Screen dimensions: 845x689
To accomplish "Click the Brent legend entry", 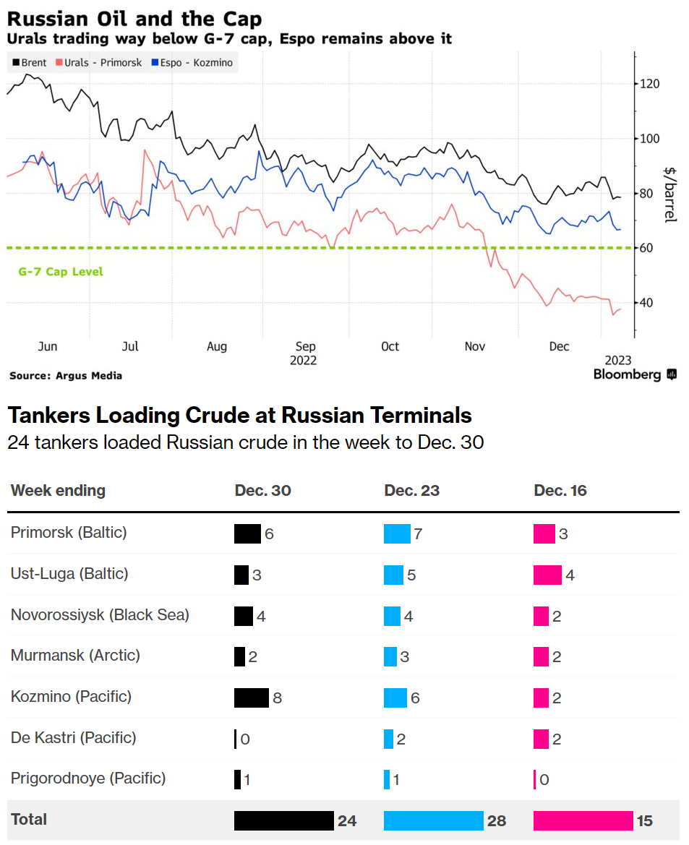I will [30, 63].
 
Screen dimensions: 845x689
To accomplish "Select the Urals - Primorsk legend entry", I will [97, 63].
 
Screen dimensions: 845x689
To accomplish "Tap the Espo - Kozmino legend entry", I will [192, 63].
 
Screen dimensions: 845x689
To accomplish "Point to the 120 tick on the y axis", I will [650, 84].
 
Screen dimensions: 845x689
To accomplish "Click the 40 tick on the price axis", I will [648, 302].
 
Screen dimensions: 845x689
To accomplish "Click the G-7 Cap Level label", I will [61, 272].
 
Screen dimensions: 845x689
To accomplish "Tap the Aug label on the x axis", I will [217, 347].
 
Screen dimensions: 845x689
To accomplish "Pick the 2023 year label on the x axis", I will [618, 360].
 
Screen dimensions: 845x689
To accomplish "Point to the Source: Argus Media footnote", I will [66, 376].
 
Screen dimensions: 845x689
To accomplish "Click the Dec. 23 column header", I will [411, 491].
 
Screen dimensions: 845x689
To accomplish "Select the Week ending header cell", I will [58, 491].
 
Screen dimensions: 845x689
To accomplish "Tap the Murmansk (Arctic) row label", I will [75, 656].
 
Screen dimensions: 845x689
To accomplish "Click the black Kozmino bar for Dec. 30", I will [251, 698].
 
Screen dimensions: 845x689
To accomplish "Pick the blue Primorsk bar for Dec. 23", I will [396, 533].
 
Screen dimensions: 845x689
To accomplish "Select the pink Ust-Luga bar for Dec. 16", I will [547, 575].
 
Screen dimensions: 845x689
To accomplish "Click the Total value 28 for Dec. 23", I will [496, 820].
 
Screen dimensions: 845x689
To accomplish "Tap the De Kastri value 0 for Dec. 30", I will [245, 739].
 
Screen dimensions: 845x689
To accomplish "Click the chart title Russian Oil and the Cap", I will [134, 18].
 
